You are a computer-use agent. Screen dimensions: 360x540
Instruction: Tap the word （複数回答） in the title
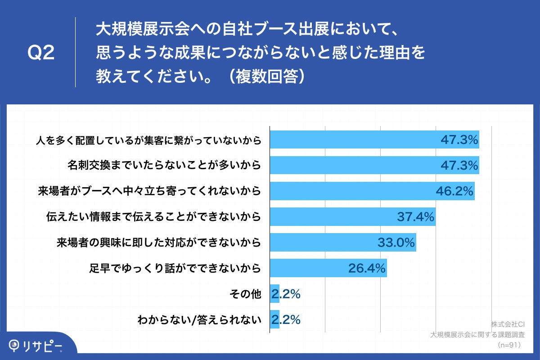268,76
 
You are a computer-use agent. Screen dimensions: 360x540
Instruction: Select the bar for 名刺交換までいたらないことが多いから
373,166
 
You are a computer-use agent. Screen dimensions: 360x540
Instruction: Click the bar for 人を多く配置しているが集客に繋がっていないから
373,140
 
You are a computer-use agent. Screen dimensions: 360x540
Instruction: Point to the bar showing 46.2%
372,191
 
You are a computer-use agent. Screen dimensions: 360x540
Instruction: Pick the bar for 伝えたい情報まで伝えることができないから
352,217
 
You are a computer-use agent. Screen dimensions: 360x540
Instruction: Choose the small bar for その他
274,294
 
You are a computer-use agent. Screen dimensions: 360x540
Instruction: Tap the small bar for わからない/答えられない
274,320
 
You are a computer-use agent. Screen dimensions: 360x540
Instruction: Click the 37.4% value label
415,217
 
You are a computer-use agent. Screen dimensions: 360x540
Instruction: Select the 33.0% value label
396,243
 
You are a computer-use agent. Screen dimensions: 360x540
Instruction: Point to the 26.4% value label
367,269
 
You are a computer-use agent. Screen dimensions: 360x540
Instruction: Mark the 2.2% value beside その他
286,295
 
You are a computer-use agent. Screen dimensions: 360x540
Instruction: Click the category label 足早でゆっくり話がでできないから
175,269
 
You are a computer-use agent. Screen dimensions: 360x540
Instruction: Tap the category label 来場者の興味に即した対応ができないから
159,243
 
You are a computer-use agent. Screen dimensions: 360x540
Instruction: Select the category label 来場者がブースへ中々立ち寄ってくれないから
149,192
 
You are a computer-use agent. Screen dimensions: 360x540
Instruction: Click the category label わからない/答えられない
199,320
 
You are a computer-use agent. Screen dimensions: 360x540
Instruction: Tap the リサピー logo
36,346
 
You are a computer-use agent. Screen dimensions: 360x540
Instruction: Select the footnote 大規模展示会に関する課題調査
478,335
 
